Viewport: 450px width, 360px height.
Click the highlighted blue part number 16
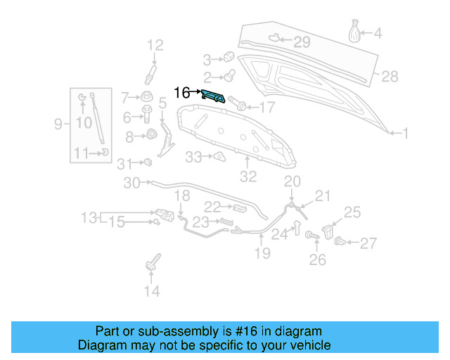click(x=214, y=96)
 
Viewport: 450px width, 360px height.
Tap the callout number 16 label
click(x=181, y=92)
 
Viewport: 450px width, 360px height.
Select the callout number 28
click(x=390, y=76)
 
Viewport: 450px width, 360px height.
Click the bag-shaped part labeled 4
click(x=356, y=32)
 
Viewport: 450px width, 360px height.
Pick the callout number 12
click(x=155, y=46)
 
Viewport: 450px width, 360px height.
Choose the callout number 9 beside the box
click(x=59, y=124)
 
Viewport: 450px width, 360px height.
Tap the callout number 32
click(x=249, y=176)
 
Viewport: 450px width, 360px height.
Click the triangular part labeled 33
click(x=218, y=156)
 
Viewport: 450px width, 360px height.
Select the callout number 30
click(x=132, y=184)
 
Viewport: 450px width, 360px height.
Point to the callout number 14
click(x=152, y=290)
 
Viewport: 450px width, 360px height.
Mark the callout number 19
click(x=262, y=253)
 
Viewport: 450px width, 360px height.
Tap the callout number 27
click(x=368, y=244)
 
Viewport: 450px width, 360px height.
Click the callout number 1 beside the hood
click(x=405, y=131)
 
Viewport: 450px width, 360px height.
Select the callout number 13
click(x=89, y=218)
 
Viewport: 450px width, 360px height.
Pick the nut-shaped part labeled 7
click(x=146, y=96)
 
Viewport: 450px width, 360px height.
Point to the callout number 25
click(x=352, y=212)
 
